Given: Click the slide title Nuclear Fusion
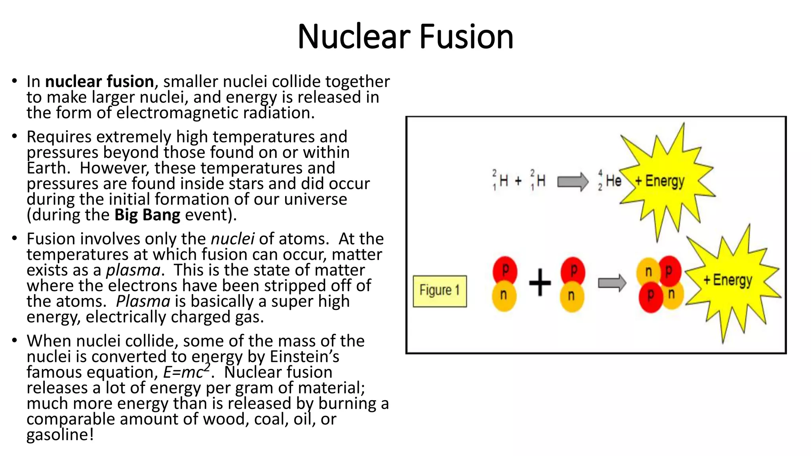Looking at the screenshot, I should (x=405, y=36).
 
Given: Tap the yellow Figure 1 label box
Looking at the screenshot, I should (x=440, y=291).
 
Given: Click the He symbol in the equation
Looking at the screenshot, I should (x=613, y=181).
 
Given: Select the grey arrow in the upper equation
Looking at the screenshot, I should (x=573, y=182).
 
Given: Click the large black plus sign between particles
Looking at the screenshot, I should (x=540, y=282).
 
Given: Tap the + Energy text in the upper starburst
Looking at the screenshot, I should (x=660, y=181).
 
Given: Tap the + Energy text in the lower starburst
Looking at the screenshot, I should (x=728, y=280).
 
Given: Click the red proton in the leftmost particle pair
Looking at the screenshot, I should (x=505, y=270).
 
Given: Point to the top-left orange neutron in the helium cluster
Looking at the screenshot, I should (x=648, y=272).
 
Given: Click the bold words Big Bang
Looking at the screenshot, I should (x=147, y=215).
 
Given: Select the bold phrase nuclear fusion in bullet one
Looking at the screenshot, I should (x=99, y=82).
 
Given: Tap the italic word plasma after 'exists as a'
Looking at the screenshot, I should (x=133, y=270).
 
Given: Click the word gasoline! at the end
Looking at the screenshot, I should (x=60, y=435).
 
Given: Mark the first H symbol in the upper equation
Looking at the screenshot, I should (x=503, y=181).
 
